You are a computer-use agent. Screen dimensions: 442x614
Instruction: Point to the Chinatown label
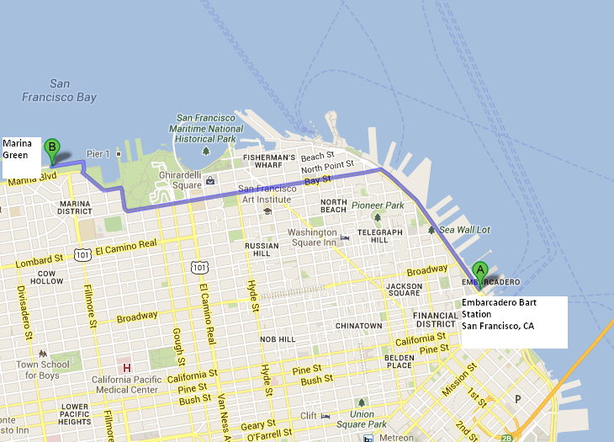click(358, 325)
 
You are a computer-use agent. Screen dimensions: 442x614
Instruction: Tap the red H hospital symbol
click(127, 368)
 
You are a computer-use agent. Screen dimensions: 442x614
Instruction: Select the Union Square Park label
click(362, 419)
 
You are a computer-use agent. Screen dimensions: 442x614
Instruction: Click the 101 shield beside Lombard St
click(82, 253)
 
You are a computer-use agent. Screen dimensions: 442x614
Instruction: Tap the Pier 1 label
click(98, 154)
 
